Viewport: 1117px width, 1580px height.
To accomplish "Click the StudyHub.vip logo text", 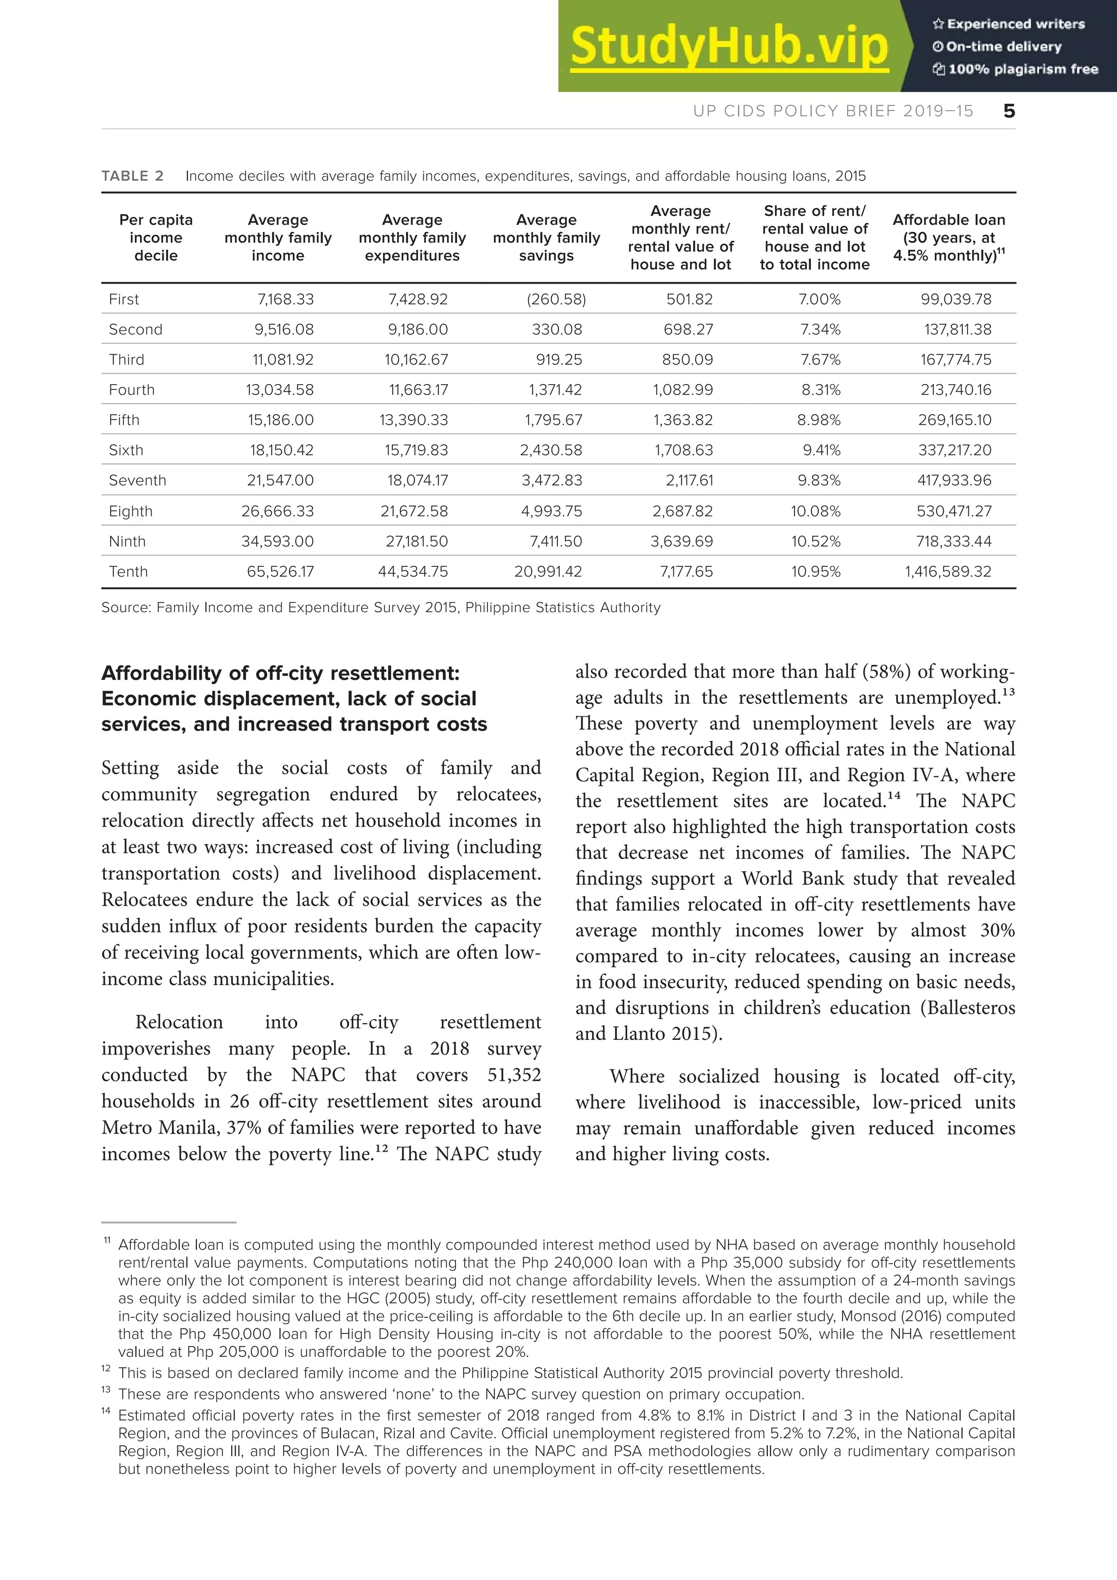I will coord(729,46).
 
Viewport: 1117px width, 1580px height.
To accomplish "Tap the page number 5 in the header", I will coord(1008,111).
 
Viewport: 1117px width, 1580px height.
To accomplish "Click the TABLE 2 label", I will coord(132,176).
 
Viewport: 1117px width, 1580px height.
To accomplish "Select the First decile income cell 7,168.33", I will coord(285,300).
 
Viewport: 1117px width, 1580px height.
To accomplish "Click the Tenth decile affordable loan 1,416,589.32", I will coord(948,571).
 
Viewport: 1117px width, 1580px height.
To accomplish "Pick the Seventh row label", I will coord(137,480).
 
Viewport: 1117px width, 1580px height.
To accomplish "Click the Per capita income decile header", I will coord(156,237).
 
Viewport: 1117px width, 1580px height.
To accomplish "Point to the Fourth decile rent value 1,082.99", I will coord(682,390).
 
